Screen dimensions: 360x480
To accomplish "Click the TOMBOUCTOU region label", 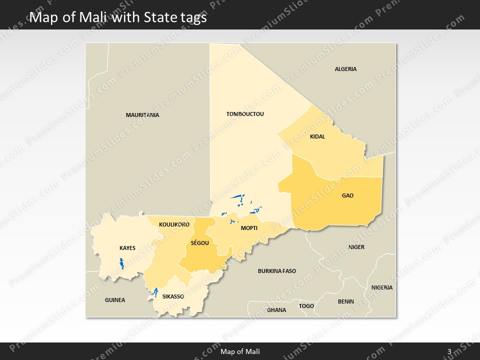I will (x=245, y=114).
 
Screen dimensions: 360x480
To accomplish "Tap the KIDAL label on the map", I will (x=317, y=136).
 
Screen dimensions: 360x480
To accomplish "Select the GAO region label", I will (x=347, y=195).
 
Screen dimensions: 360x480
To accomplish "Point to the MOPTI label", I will (x=249, y=228).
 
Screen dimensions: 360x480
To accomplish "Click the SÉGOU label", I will (x=199, y=243).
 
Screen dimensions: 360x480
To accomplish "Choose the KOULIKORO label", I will (x=174, y=224).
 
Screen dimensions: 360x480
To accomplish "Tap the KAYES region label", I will (x=127, y=248).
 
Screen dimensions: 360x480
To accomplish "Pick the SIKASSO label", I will (x=173, y=296).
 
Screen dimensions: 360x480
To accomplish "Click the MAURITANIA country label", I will (x=142, y=115).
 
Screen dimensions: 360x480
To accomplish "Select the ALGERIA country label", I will (x=345, y=69).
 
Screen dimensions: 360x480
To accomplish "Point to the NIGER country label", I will (x=356, y=247).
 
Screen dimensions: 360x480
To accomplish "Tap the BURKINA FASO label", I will (x=276, y=271).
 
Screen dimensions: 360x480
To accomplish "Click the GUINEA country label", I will (x=115, y=300).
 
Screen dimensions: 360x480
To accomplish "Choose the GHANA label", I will (x=276, y=310).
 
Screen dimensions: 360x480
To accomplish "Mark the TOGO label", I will (x=306, y=306).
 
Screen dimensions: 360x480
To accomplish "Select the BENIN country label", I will (x=345, y=301).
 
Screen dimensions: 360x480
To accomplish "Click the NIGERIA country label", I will (x=382, y=287).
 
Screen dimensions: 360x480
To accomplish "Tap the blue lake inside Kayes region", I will (x=121, y=263).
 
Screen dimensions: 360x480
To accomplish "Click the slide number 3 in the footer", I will (x=449, y=351).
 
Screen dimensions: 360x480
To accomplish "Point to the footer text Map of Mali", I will (x=240, y=351).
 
